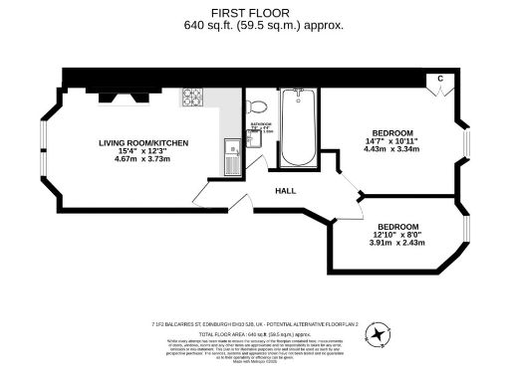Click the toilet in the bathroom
256,106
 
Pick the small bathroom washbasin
253,139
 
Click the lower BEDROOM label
397,226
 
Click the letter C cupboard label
439,79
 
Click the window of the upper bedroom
464,141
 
